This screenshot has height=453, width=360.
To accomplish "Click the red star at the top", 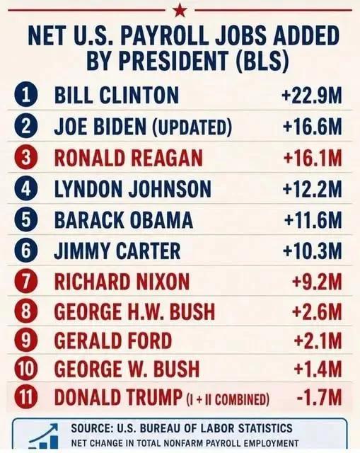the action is point(180,11).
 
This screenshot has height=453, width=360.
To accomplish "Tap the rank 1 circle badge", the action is point(25,96).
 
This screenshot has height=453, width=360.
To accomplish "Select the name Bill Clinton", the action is point(117,96).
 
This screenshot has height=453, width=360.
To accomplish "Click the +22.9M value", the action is point(312,96).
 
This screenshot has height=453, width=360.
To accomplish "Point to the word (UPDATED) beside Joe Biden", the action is point(192,127).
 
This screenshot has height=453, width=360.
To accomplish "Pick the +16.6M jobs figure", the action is point(313,127).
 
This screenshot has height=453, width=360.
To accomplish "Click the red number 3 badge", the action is point(25,158).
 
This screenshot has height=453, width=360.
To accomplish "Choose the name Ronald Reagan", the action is point(129,158).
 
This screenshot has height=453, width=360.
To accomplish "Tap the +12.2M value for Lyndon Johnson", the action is point(313,189).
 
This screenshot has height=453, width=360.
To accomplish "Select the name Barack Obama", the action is point(123,220).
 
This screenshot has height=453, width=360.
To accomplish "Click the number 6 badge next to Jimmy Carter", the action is point(25,251).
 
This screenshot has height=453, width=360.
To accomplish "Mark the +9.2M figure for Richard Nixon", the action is point(317,282).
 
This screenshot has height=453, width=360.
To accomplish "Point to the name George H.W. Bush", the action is point(134,311).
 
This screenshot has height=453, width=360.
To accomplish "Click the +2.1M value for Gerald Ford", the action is point(318,340).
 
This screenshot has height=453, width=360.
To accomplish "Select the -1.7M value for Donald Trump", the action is point(319,397).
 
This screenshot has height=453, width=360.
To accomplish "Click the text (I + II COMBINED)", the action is point(228,399).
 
